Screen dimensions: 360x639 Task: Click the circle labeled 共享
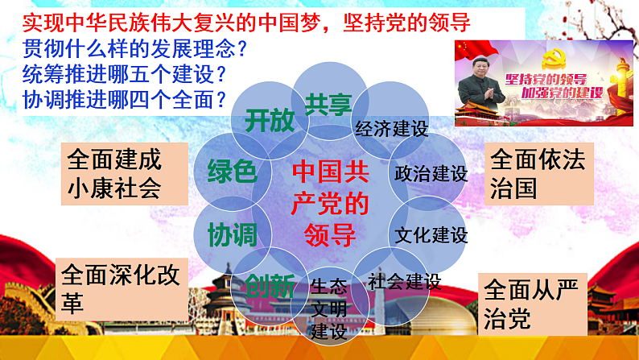click(325, 102)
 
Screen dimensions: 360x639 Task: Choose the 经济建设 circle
click(391, 127)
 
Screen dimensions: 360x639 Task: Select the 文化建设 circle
click(431, 235)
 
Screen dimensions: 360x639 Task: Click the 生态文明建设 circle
click(329, 308)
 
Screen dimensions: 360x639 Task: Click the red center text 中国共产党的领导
click(330, 204)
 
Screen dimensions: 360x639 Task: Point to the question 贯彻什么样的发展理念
click(134, 48)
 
